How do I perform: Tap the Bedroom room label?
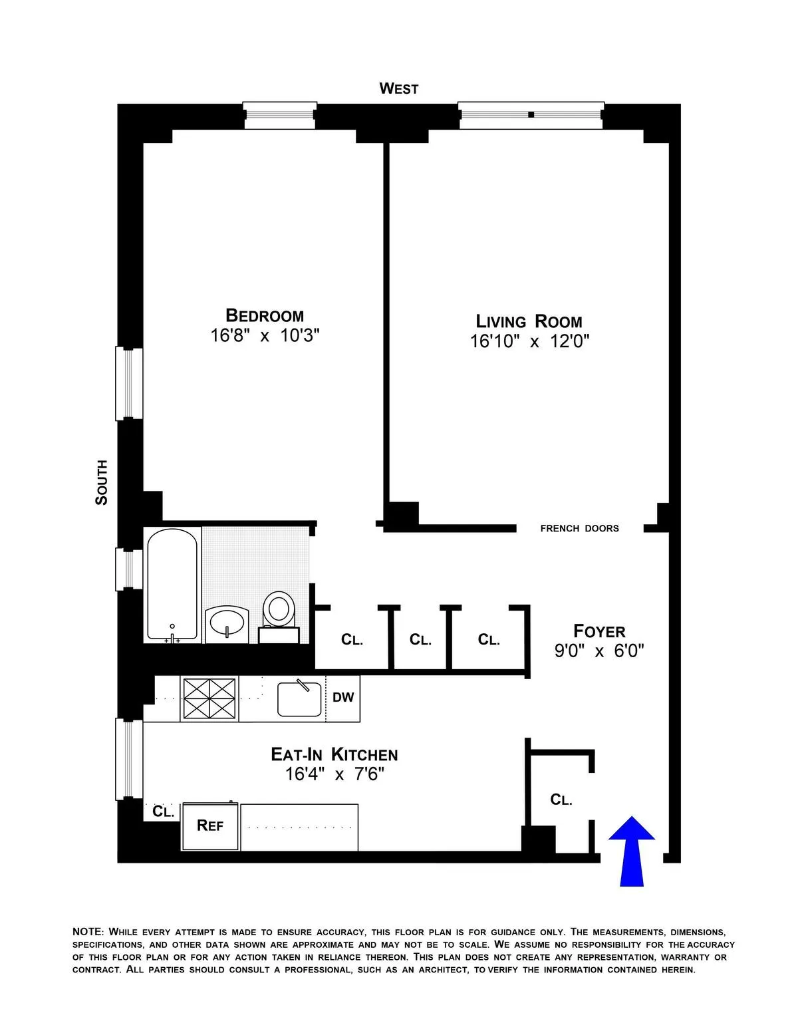point(265,315)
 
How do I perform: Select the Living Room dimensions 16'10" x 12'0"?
point(530,342)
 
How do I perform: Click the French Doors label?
point(579,529)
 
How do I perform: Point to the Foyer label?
point(599,631)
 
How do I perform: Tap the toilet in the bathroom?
point(279,610)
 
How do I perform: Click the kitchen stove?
point(209,698)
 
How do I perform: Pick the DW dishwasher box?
point(343,698)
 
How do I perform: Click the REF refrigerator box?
point(210,826)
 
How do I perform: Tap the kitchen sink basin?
point(299,698)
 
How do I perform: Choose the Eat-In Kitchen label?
point(334,754)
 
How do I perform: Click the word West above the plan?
point(398,88)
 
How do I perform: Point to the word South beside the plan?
point(101,482)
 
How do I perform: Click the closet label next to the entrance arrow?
point(561,800)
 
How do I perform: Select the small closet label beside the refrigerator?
point(163,812)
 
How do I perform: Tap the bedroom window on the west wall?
point(279,115)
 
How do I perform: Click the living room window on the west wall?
point(531,115)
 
